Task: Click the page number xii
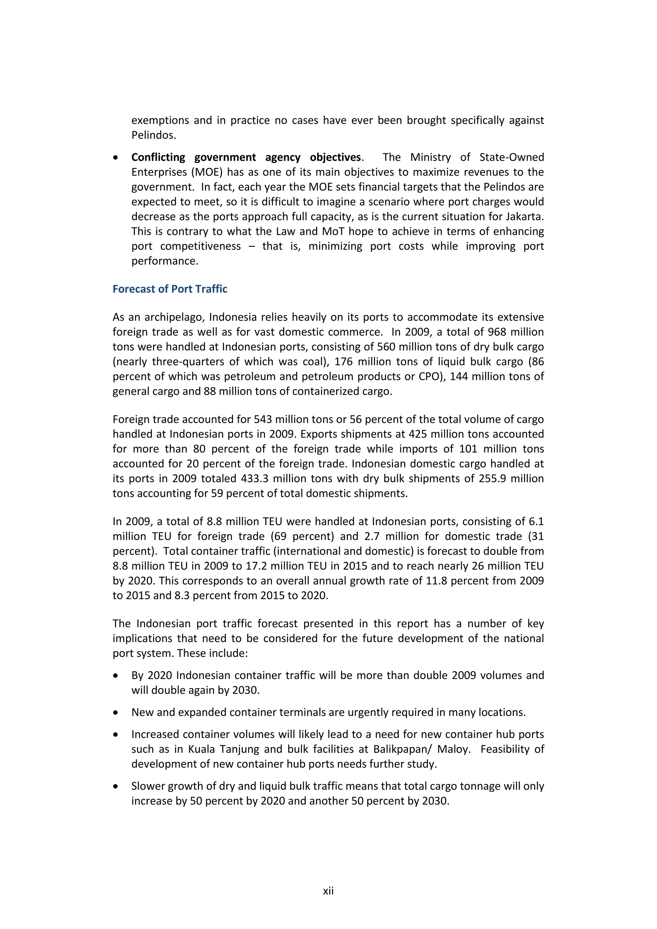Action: tap(328, 891)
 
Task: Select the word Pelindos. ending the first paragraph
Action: tap(154, 135)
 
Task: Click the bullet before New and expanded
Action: tap(116, 712)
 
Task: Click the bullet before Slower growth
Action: tap(116, 786)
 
